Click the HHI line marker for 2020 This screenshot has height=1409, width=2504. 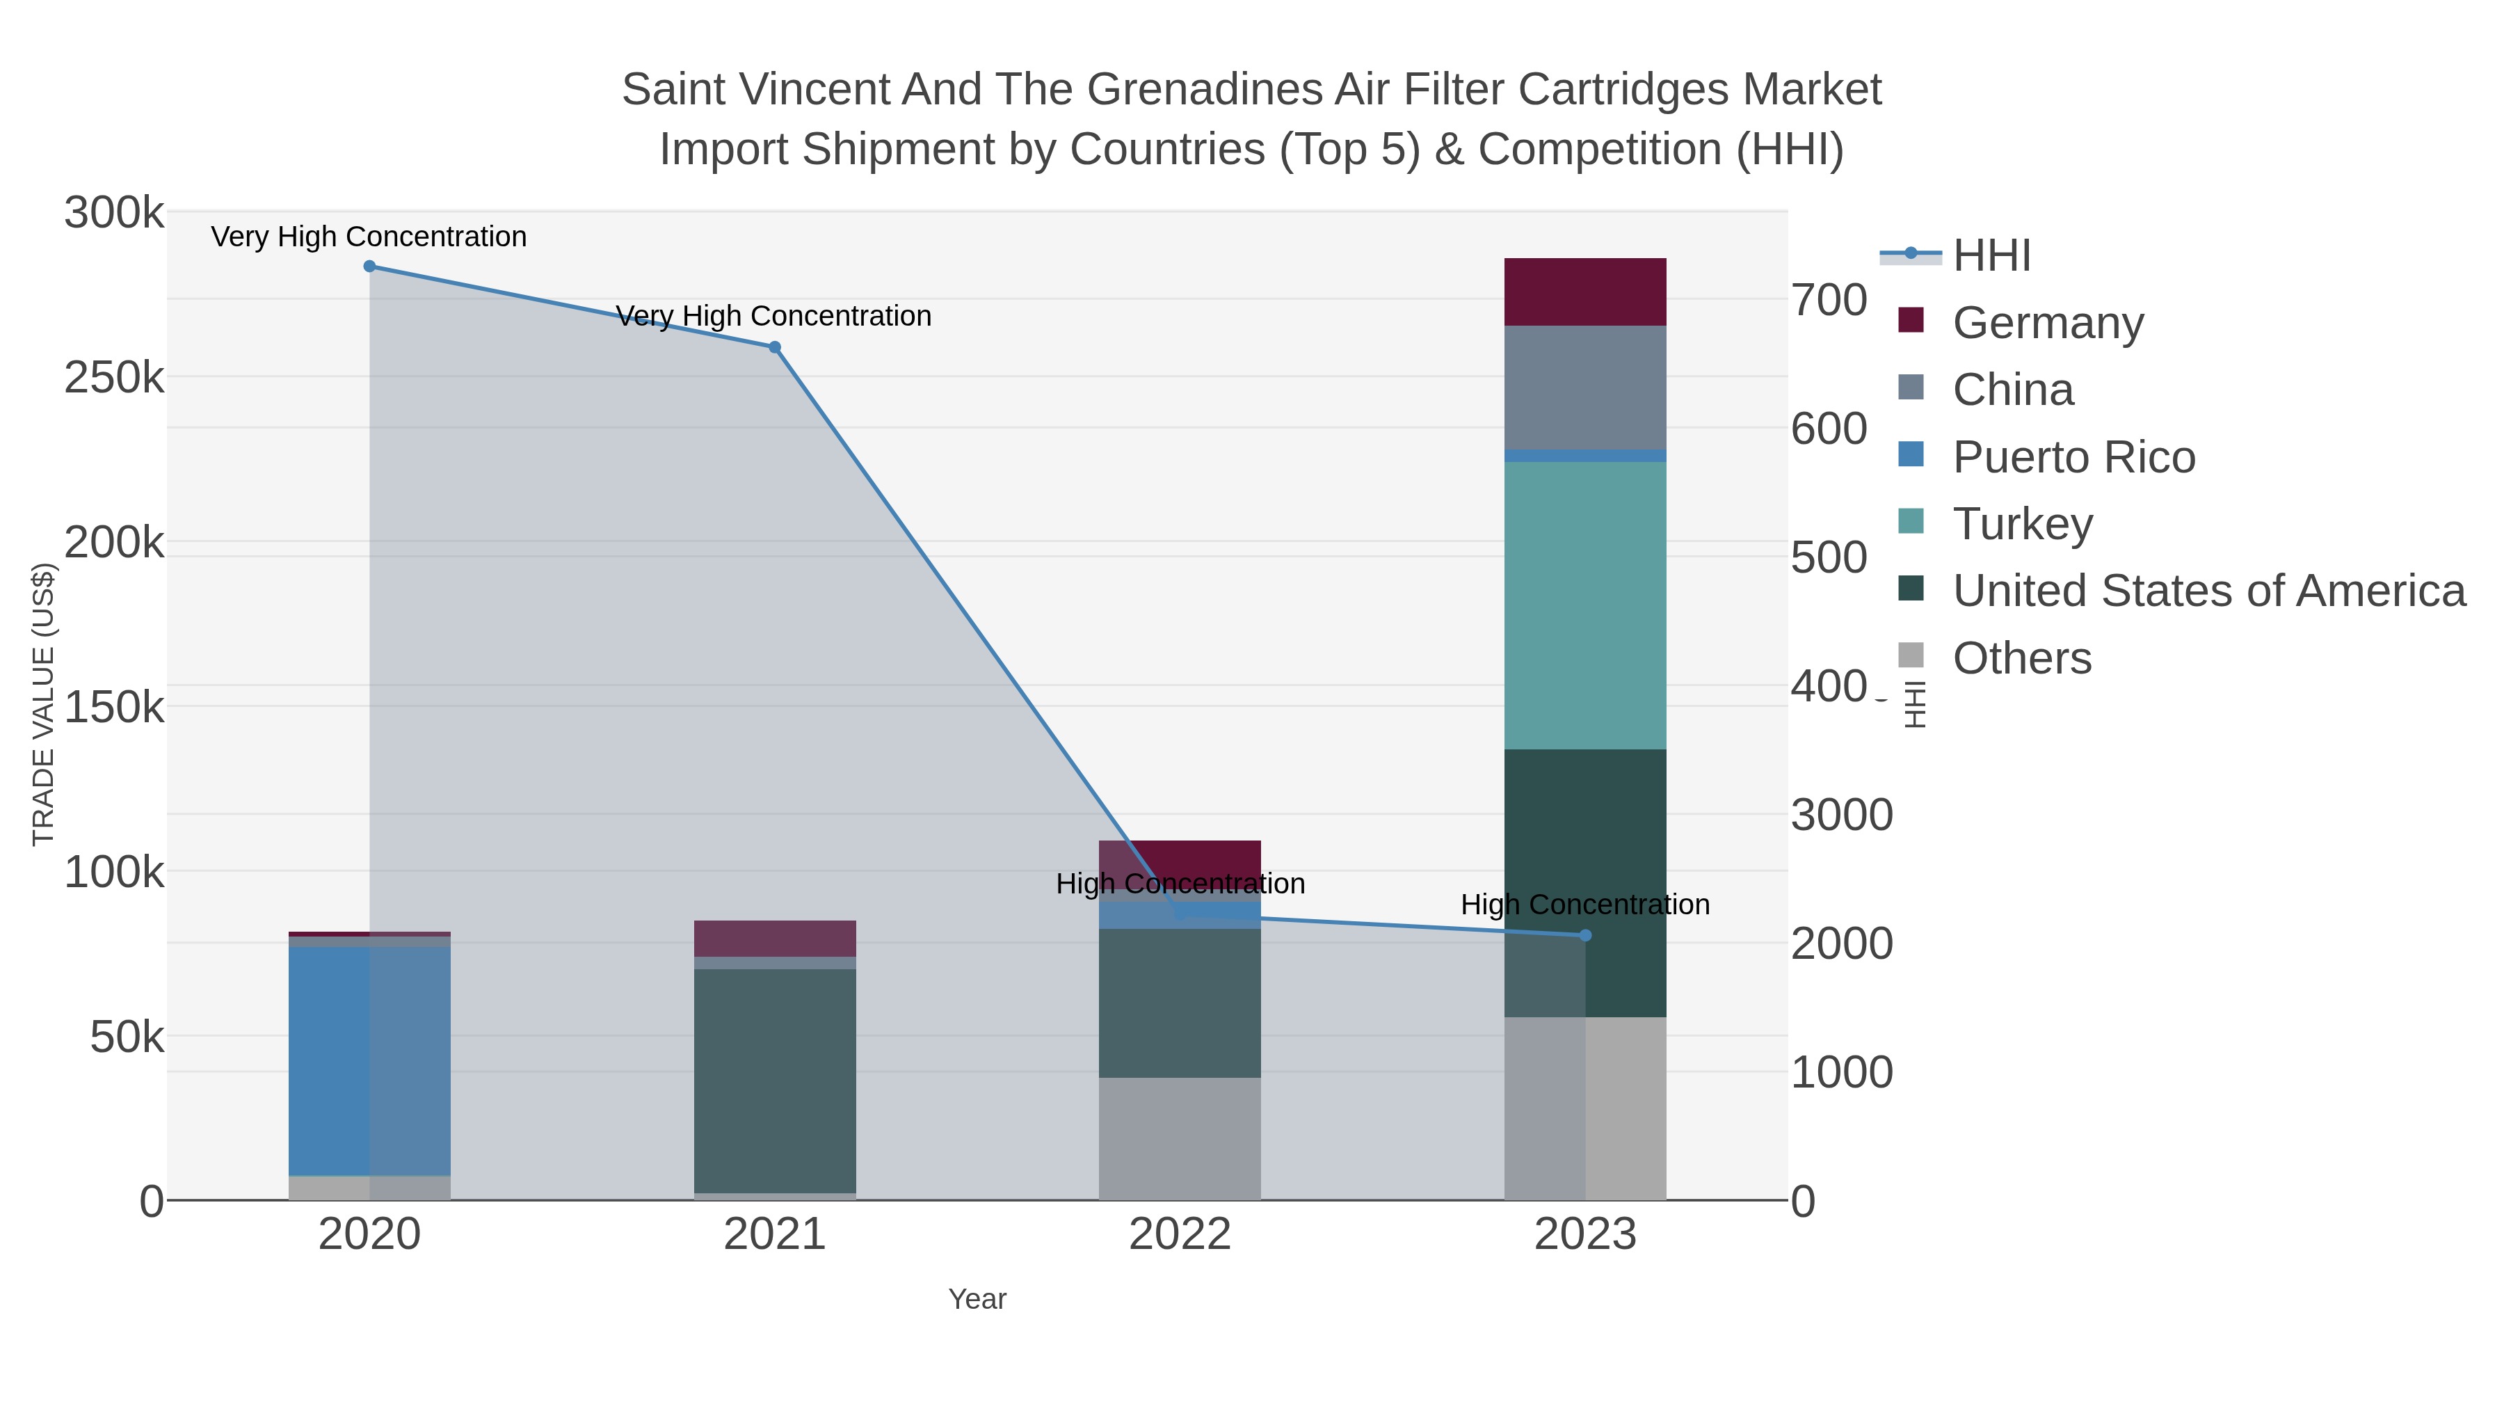click(369, 266)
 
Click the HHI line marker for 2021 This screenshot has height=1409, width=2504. click(775, 347)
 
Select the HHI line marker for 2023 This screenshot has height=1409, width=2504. click(1585, 935)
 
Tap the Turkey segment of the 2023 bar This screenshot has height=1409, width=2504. click(1585, 605)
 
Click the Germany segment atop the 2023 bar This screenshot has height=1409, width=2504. click(1585, 292)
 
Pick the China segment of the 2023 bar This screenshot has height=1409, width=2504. click(1585, 387)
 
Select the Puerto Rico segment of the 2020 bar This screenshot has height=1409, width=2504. click(369, 1060)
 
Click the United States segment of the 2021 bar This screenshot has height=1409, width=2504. click(775, 1079)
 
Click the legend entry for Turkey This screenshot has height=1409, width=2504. click(2022, 524)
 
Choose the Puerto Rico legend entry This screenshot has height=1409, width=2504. click(2073, 457)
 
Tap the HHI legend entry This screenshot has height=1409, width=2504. click(1991, 256)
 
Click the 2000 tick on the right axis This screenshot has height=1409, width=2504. click(1841, 944)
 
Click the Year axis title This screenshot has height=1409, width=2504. click(977, 1299)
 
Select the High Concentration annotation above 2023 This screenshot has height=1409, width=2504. click(1584, 905)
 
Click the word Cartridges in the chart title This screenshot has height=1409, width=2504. click(1623, 90)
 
